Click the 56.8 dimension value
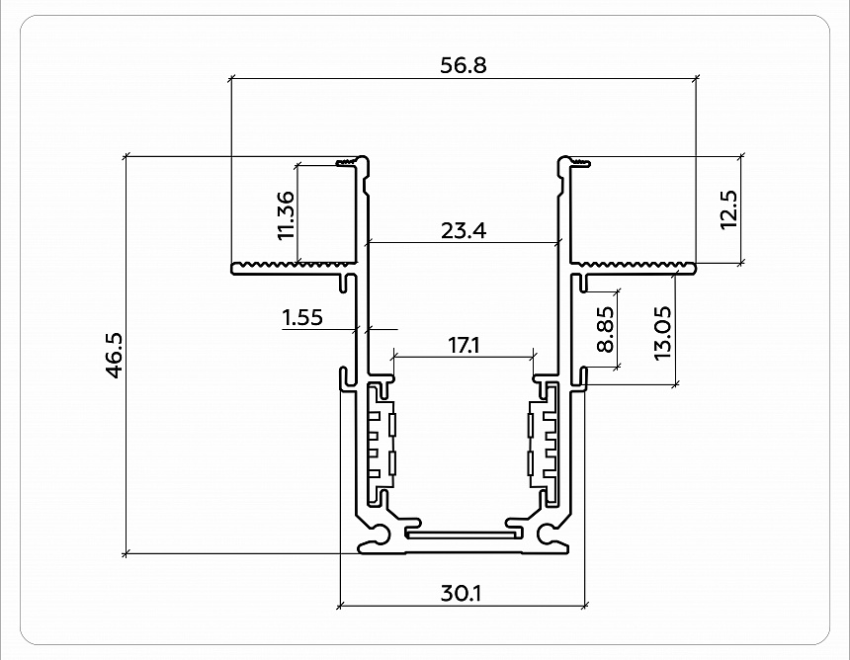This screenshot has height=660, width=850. coord(464,65)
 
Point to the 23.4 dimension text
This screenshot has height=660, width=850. coord(464,231)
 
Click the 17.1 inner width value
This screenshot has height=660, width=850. coord(464,345)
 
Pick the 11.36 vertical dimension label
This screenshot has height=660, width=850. coord(286,215)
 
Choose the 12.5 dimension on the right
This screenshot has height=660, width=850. coord(729,209)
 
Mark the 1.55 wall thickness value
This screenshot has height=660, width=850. coord(301,317)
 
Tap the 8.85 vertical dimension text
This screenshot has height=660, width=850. coord(606,329)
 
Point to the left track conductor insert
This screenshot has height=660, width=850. coord(381,441)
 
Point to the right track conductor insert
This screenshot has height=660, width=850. coord(544,441)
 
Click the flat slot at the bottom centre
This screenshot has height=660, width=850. coord(462,533)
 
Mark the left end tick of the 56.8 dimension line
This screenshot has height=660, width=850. coord(230,77)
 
